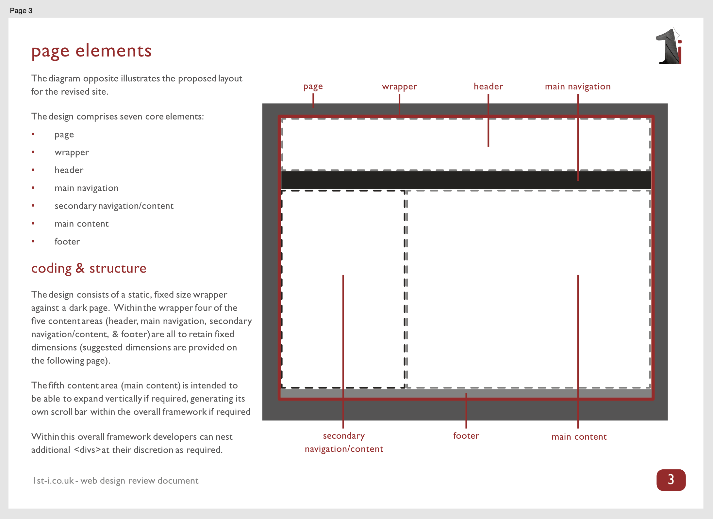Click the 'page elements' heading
(91, 51)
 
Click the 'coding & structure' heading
(89, 268)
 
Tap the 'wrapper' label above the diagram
(399, 86)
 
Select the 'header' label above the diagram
(488, 86)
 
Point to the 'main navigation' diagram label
(577, 86)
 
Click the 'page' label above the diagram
(313, 86)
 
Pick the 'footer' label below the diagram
(466, 436)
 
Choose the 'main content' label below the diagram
(579, 437)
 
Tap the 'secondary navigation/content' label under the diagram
(344, 442)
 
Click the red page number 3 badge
(671, 480)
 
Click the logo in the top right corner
(669, 47)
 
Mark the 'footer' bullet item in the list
(67, 242)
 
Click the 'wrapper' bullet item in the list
(72, 152)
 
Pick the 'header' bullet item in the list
(69, 170)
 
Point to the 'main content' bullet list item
(81, 224)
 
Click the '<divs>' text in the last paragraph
(87, 450)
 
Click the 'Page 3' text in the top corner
(21, 10)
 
